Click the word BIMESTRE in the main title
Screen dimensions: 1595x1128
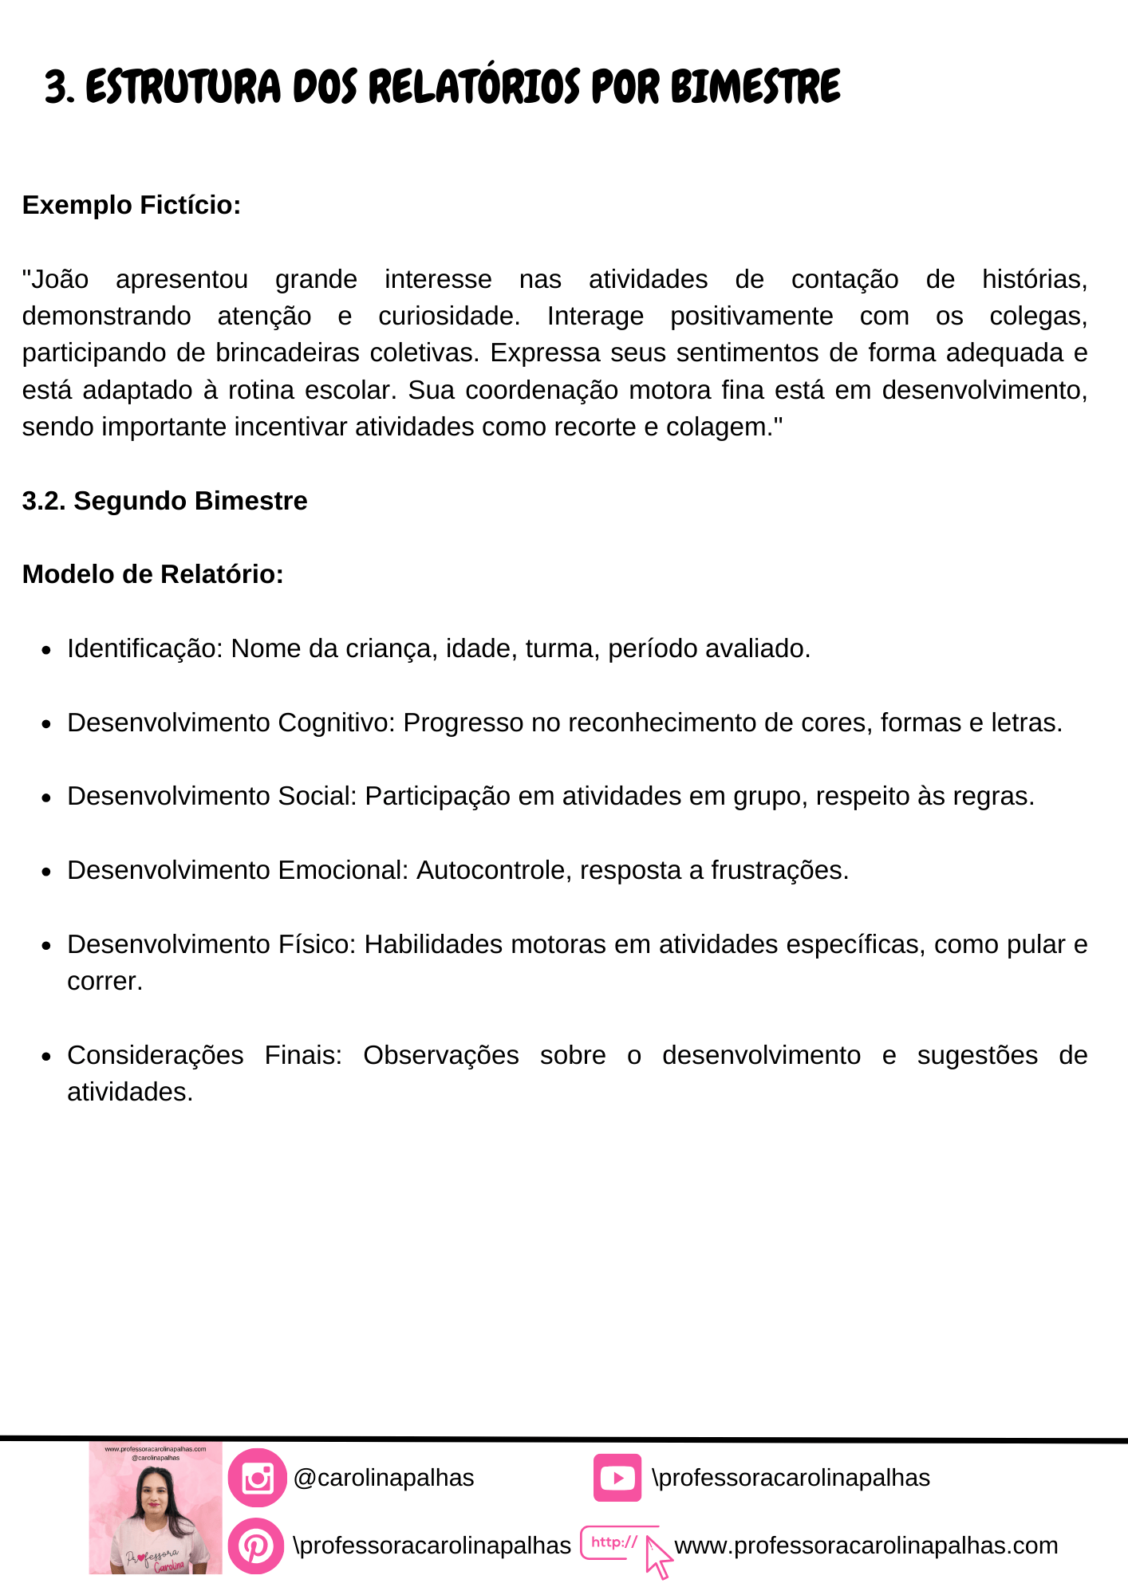(x=755, y=87)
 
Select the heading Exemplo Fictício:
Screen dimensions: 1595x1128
(x=132, y=205)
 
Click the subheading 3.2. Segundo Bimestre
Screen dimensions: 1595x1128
(x=164, y=501)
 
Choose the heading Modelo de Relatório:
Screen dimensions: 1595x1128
(x=153, y=574)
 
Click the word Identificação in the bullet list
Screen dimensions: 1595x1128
(x=144, y=648)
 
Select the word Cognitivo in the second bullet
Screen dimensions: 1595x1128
(x=335, y=723)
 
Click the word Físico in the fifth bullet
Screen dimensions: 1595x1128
(x=315, y=944)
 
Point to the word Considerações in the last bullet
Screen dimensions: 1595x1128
(x=156, y=1055)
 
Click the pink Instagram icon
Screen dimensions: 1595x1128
(x=257, y=1478)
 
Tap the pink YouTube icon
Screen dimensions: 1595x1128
(x=617, y=1478)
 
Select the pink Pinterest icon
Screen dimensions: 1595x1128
(x=256, y=1546)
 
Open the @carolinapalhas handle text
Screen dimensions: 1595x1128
(x=384, y=1478)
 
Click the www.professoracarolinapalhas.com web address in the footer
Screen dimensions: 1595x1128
(x=866, y=1546)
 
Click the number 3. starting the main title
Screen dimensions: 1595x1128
(x=60, y=87)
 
